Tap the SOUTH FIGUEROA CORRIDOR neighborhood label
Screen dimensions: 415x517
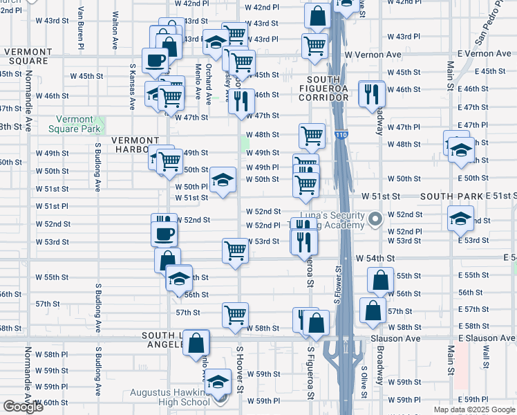(328, 89)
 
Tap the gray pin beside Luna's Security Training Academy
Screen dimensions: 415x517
(375, 220)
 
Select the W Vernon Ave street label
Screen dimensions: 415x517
(373, 55)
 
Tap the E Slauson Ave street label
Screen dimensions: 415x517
(487, 338)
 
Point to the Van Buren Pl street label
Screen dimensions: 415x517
(82, 28)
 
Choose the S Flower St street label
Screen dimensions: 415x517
(339, 284)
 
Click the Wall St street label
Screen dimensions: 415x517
(487, 362)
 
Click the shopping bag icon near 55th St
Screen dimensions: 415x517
(380, 280)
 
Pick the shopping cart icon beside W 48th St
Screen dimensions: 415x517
(312, 135)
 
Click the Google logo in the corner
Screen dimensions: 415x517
(23, 407)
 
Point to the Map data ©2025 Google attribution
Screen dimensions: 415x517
(473, 409)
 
